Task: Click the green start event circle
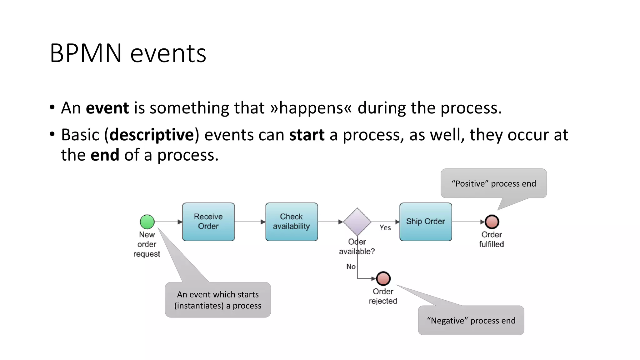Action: pyautogui.click(x=147, y=222)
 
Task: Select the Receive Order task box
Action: pyautogui.click(x=208, y=222)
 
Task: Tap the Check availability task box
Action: pyautogui.click(x=292, y=222)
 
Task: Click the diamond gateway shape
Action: pyautogui.click(x=357, y=222)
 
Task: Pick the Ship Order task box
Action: pyautogui.click(x=426, y=222)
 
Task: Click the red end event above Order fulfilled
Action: pyautogui.click(x=492, y=222)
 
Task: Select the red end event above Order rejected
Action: pyautogui.click(x=383, y=278)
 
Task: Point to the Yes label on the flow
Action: pyautogui.click(x=385, y=228)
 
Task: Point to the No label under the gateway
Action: pyautogui.click(x=351, y=267)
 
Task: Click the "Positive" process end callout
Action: pyautogui.click(x=494, y=183)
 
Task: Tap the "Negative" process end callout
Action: pyautogui.click(x=471, y=320)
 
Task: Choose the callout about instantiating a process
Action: pyautogui.click(x=218, y=300)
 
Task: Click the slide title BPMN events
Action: pyautogui.click(x=128, y=53)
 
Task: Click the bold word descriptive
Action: pyautogui.click(x=152, y=135)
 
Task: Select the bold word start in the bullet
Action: pyautogui.click(x=307, y=135)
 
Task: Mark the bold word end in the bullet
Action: pyautogui.click(x=105, y=155)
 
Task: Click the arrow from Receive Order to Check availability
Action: pyautogui.click(x=250, y=222)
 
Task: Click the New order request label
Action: pyautogui.click(x=147, y=244)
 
